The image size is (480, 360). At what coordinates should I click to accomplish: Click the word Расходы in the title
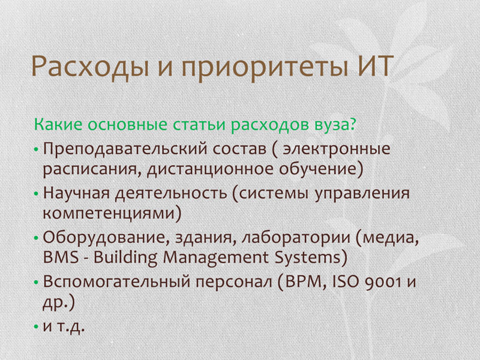click(91, 67)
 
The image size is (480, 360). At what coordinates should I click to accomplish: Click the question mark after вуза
click(352, 124)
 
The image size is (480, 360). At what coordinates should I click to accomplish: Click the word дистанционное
click(210, 169)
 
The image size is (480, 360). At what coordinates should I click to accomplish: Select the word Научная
click(76, 193)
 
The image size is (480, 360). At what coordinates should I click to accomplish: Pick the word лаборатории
click(296, 238)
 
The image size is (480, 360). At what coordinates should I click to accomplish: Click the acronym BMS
click(61, 257)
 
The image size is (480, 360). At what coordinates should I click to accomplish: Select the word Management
click(215, 258)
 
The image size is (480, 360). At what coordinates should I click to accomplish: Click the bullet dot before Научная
click(36, 194)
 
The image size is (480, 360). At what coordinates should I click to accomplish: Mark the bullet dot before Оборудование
click(36, 238)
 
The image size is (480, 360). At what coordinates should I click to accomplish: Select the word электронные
click(337, 149)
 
